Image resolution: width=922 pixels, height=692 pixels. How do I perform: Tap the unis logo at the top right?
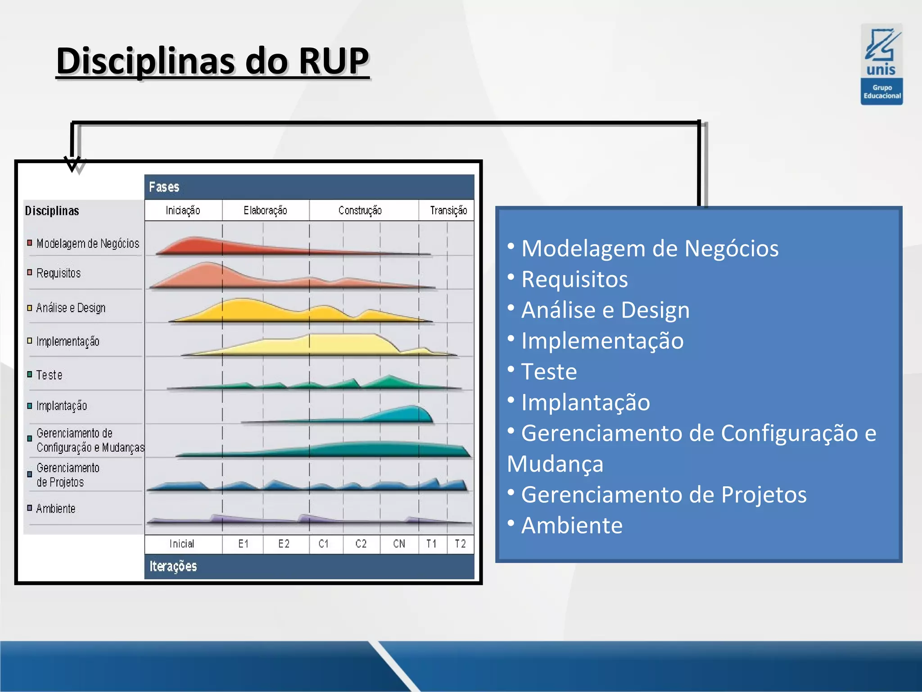881,64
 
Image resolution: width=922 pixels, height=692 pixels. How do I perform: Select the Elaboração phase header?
265,210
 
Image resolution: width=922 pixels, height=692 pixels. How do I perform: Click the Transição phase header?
448,210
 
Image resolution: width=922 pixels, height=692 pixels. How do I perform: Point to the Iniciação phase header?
183,210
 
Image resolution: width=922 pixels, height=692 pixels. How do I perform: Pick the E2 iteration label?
284,544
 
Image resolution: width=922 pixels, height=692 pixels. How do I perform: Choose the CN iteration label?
399,544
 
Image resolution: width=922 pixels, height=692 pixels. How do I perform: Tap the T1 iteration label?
431,544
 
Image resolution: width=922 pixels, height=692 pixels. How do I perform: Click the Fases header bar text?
164,187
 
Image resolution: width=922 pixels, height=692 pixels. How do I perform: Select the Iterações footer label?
173,566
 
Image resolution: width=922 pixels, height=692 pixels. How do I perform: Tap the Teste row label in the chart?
49,375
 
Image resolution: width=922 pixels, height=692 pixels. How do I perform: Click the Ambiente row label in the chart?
56,509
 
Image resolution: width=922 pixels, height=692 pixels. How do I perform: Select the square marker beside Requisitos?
30,273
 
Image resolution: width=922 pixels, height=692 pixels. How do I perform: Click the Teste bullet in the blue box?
549,372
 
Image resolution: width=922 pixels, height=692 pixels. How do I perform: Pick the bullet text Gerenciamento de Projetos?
664,495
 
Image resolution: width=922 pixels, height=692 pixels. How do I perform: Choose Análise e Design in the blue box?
605,310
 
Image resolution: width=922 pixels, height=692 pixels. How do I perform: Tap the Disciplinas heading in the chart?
52,211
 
